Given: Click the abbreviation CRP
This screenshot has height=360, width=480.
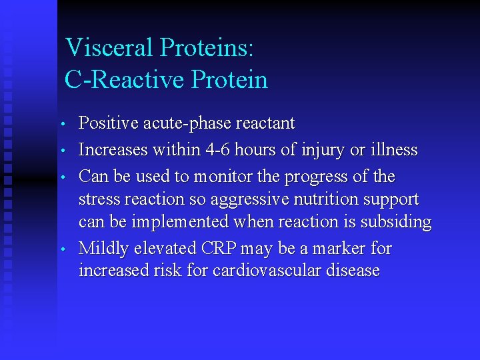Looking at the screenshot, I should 217,249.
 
